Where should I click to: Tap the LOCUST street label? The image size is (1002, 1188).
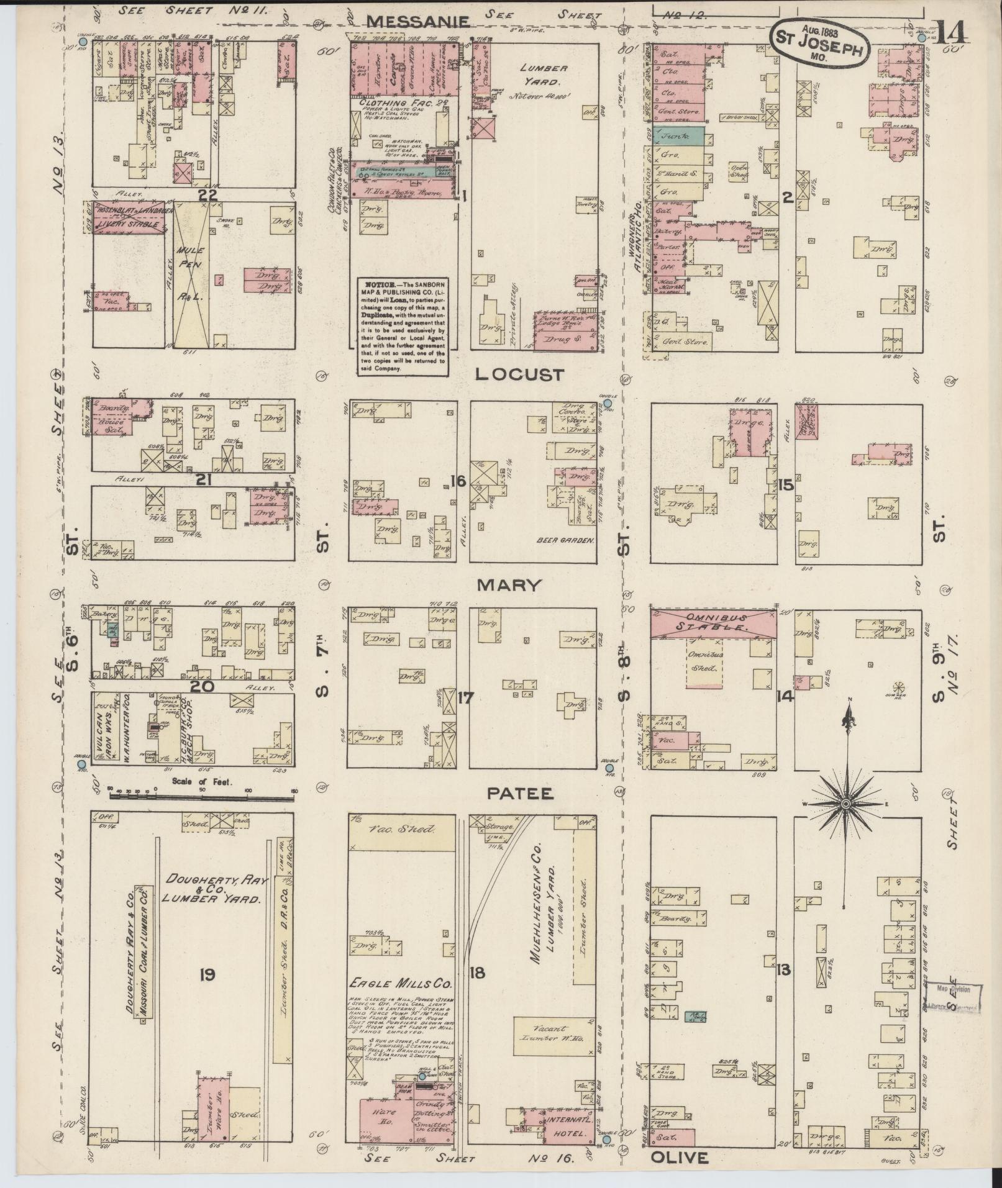click(x=520, y=374)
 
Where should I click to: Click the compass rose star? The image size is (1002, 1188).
click(x=845, y=804)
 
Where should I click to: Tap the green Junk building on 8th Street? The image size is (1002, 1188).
click(x=678, y=136)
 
